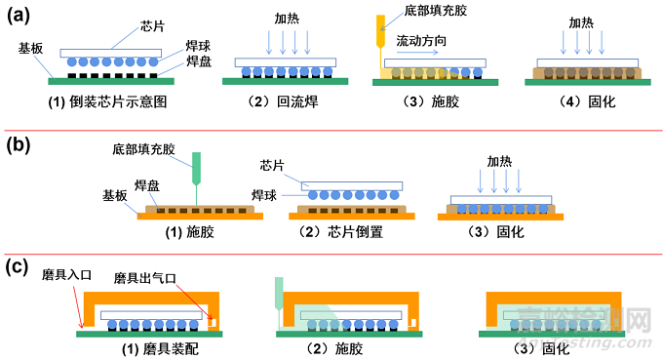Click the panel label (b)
[21, 146]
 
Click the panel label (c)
[21, 265]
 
